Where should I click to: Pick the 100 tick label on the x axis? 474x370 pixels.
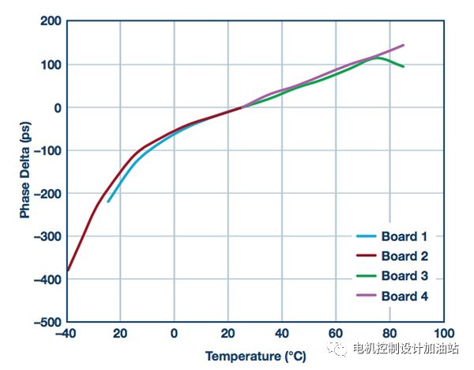(x=446, y=334)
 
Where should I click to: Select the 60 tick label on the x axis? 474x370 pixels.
(x=337, y=334)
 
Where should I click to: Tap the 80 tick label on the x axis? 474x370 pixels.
(x=391, y=334)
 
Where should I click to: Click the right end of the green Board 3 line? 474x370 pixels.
(x=404, y=66)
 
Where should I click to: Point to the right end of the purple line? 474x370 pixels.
(x=404, y=45)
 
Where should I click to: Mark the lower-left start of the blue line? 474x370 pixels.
(x=108, y=202)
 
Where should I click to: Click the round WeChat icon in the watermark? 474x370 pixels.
(x=340, y=346)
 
